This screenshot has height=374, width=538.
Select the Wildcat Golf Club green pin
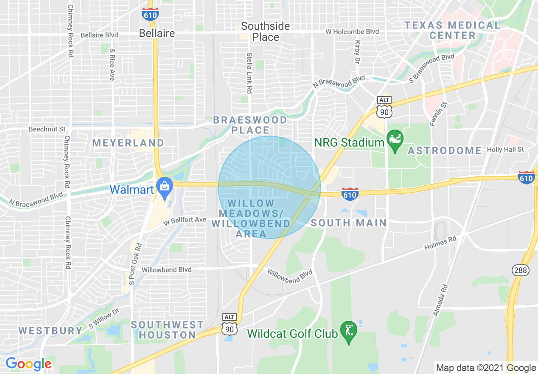coord(349,331)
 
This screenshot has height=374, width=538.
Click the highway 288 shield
coord(520,270)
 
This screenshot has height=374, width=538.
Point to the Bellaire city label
coord(157,33)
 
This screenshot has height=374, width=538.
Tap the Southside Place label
coord(266,31)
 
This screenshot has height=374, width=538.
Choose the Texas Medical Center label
coord(452,30)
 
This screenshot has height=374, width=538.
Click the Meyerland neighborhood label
coord(128,143)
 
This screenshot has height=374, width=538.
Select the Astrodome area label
coord(445,150)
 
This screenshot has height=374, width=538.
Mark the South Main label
coord(349,223)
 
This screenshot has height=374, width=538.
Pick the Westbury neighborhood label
coord(50,331)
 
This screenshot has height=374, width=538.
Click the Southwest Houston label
coord(167,330)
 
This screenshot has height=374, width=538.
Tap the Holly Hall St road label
coord(505,150)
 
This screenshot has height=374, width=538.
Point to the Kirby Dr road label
coord(358,52)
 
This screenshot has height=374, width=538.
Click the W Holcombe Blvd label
coord(352,32)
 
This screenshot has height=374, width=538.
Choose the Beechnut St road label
coord(47,129)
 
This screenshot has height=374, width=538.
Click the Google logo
coord(28,364)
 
